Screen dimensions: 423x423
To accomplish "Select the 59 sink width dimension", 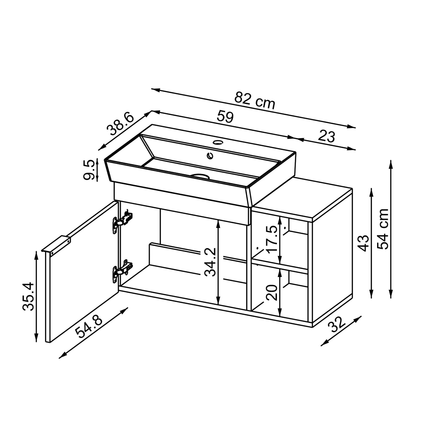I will (x=225, y=117).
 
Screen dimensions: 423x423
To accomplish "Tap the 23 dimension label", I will (x=326, y=136).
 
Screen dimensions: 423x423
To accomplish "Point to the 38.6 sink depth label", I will (x=120, y=124).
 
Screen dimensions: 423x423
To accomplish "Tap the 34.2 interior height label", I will (x=210, y=262).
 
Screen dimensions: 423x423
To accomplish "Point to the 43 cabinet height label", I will (x=364, y=243).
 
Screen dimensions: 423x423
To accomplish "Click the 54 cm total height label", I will (x=382, y=229).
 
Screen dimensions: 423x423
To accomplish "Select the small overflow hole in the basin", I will (x=210, y=156).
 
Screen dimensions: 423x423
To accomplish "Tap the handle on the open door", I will (x=57, y=245).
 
